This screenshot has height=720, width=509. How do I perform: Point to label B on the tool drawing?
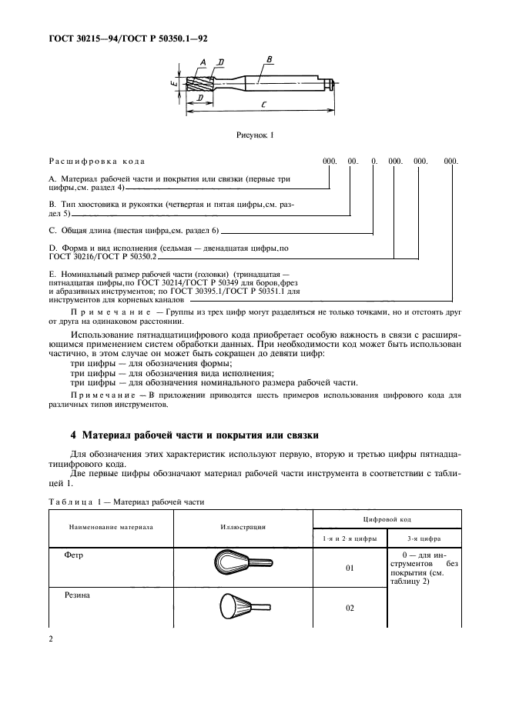click(268, 59)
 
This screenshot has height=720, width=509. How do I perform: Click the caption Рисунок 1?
click(255, 135)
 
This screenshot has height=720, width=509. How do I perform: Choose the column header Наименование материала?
click(111, 528)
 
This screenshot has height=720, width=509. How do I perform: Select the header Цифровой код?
click(387, 520)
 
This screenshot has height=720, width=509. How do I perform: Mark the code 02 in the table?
click(350, 608)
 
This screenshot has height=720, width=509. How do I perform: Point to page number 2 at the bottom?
click(51, 638)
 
